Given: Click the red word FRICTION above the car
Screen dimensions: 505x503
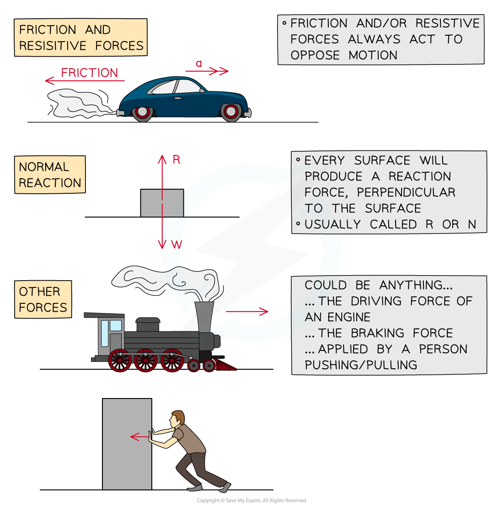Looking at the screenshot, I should click(x=90, y=73).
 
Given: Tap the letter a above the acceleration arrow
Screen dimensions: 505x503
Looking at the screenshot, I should click(x=199, y=64).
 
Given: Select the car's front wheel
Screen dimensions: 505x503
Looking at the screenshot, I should click(x=231, y=112).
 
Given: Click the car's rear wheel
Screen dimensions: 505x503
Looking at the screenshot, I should click(x=142, y=112).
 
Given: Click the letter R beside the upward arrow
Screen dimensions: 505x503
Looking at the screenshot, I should click(x=177, y=160).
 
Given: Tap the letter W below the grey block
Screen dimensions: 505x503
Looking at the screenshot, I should click(x=177, y=245).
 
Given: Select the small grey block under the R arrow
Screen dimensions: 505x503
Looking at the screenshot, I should click(x=162, y=203).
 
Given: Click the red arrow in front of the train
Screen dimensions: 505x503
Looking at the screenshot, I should click(x=247, y=312).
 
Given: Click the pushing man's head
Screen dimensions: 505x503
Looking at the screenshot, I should click(x=177, y=418).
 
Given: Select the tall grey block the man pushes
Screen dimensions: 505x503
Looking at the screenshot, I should click(x=127, y=444).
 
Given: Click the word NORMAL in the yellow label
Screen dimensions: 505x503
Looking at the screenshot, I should click(x=44, y=167).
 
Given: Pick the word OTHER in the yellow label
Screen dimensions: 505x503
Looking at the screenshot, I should click(x=39, y=292).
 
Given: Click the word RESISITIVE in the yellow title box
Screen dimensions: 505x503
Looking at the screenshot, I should click(x=53, y=46).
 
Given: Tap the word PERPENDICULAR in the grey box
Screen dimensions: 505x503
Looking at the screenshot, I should click(x=406, y=192).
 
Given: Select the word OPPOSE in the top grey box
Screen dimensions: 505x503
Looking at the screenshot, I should click(x=315, y=55).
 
